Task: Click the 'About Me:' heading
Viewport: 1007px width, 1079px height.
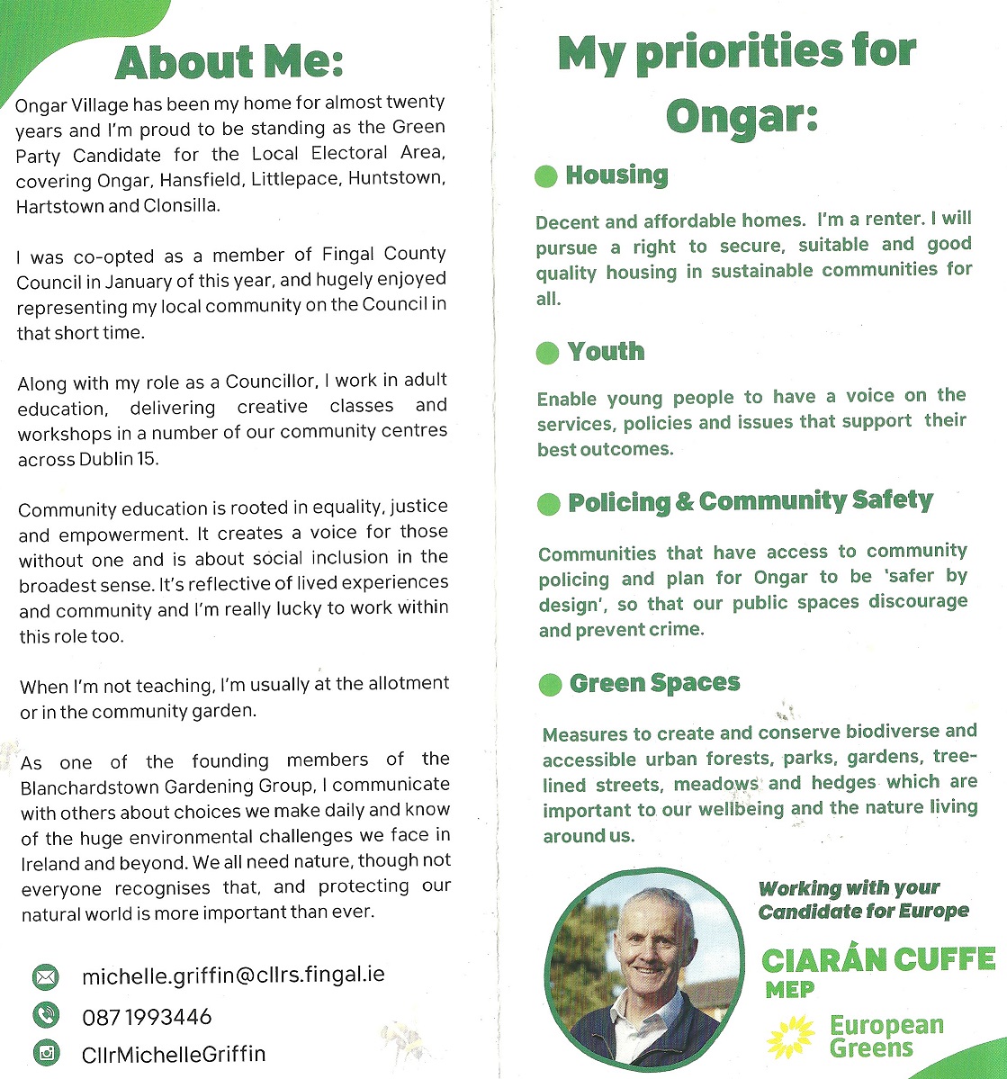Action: click(229, 61)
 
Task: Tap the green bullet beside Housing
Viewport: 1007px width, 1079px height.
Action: click(546, 175)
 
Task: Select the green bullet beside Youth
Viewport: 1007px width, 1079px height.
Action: click(547, 352)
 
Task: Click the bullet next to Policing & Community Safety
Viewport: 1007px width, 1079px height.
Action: click(548, 503)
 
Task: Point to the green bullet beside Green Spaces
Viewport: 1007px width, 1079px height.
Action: click(550, 685)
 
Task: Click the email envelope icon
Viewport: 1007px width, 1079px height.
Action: click(45, 976)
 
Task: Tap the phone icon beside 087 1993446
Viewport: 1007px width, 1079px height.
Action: click(45, 1015)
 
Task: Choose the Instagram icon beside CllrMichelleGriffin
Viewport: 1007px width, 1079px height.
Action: click(46, 1052)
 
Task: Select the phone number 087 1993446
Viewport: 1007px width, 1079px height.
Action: click(147, 1017)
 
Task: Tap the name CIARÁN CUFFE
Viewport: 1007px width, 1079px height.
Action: click(877, 960)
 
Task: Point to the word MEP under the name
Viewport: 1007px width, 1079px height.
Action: click(789, 990)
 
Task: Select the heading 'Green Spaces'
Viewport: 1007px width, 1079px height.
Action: click(654, 684)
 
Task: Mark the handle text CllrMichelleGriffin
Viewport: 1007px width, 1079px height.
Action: click(174, 1054)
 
